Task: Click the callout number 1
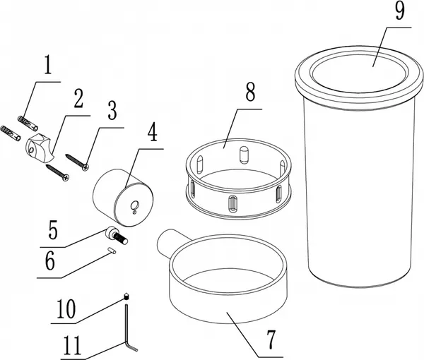tap(48, 64)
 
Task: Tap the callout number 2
tap(78, 98)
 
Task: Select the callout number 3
tap(112, 110)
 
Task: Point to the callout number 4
tap(153, 131)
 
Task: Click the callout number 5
tap(53, 230)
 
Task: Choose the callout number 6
tap(50, 260)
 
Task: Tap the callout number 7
tap(271, 340)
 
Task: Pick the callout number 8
tap(250, 92)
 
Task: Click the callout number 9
tap(400, 11)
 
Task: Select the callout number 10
tap(66, 309)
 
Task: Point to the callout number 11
tap(72, 345)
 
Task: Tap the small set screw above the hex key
tap(126, 296)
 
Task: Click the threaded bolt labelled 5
tap(117, 235)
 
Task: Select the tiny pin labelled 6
tap(112, 251)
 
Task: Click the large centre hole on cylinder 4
tap(135, 205)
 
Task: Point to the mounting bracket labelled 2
tap(38, 148)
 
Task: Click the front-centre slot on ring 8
tap(232, 204)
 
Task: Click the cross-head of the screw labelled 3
tap(86, 168)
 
